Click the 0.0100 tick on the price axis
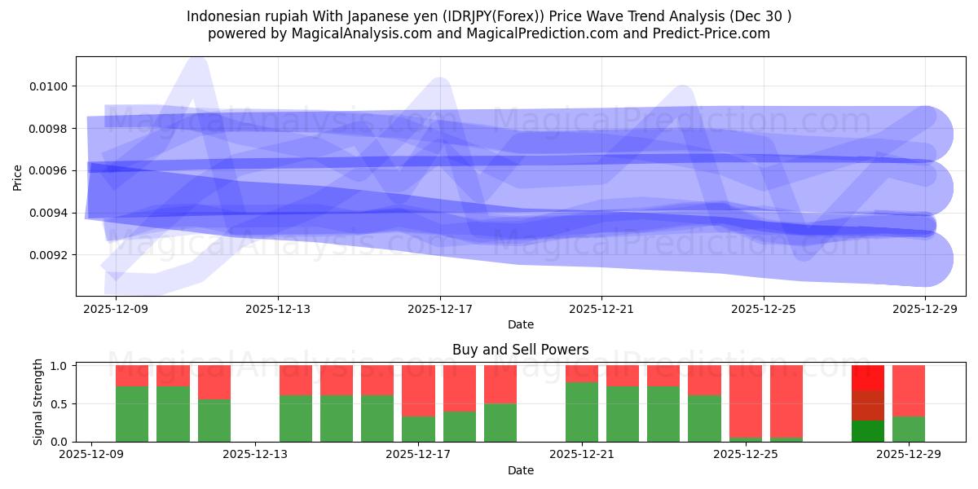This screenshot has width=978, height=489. [51, 86]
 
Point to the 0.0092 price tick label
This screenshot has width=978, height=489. [51, 255]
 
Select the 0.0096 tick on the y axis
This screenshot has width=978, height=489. [51, 171]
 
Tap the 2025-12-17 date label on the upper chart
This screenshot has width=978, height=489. [440, 309]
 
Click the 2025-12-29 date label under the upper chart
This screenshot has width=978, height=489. [925, 309]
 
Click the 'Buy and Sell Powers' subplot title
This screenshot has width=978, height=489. [520, 350]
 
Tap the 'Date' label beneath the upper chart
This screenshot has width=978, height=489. [520, 324]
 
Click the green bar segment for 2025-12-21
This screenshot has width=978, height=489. [582, 412]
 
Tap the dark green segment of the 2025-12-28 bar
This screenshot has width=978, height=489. [867, 430]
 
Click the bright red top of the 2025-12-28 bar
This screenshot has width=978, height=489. [867, 377]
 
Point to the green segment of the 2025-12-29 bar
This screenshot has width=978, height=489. [908, 429]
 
